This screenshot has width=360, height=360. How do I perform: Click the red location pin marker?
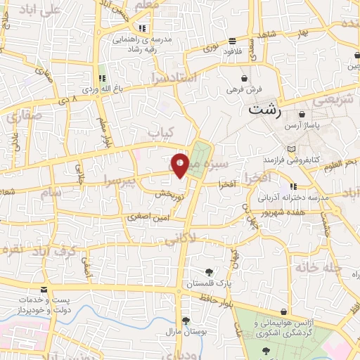(x=181, y=165)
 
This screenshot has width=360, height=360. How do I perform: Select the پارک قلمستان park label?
(x=209, y=283)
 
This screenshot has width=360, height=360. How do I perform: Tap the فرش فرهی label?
(x=244, y=89)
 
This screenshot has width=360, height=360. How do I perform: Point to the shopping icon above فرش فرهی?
(x=244, y=78)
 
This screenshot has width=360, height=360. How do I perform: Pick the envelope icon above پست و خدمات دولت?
(x=44, y=289)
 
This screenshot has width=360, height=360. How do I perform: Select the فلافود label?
(x=233, y=51)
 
